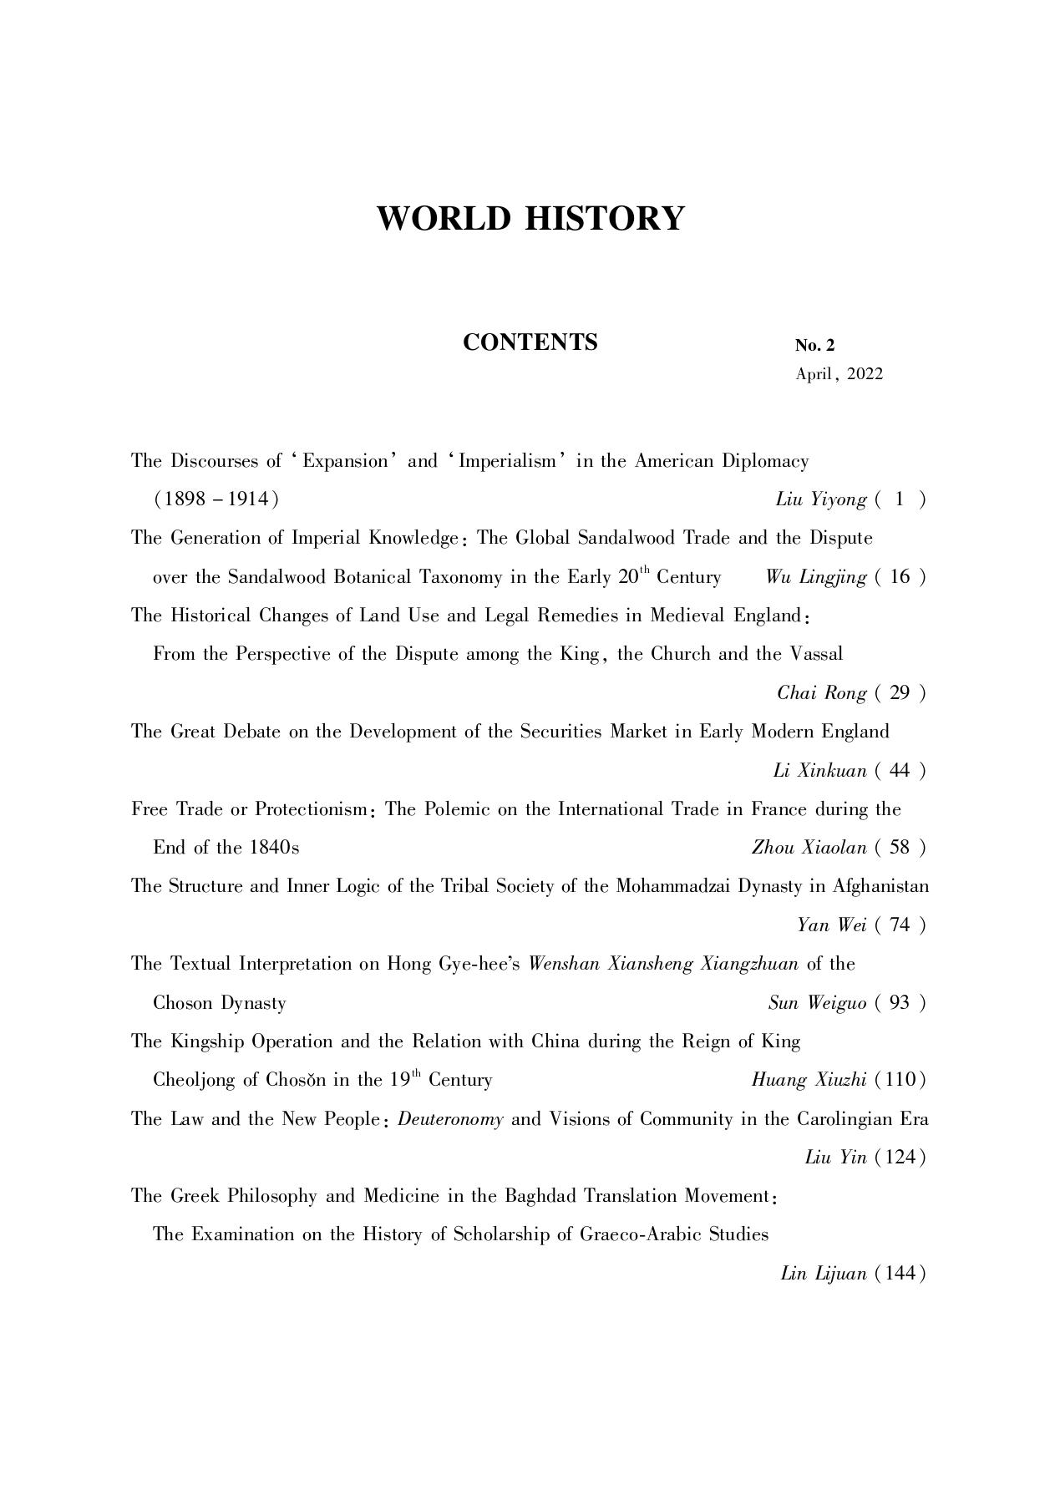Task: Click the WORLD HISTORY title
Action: tap(530, 219)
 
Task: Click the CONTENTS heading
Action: tap(530, 342)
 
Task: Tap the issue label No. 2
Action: tap(814, 346)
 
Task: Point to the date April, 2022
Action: tap(839, 374)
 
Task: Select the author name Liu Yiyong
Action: tap(821, 499)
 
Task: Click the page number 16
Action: tap(900, 577)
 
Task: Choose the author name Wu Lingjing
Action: tap(815, 577)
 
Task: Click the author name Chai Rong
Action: tap(822, 692)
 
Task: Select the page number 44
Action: tap(900, 770)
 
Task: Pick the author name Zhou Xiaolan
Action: tap(809, 848)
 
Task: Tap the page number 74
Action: tap(900, 925)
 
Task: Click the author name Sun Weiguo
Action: tap(817, 1002)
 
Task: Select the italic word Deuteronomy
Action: tap(450, 1119)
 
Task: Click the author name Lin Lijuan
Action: tap(823, 1274)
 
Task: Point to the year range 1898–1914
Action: tap(216, 499)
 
